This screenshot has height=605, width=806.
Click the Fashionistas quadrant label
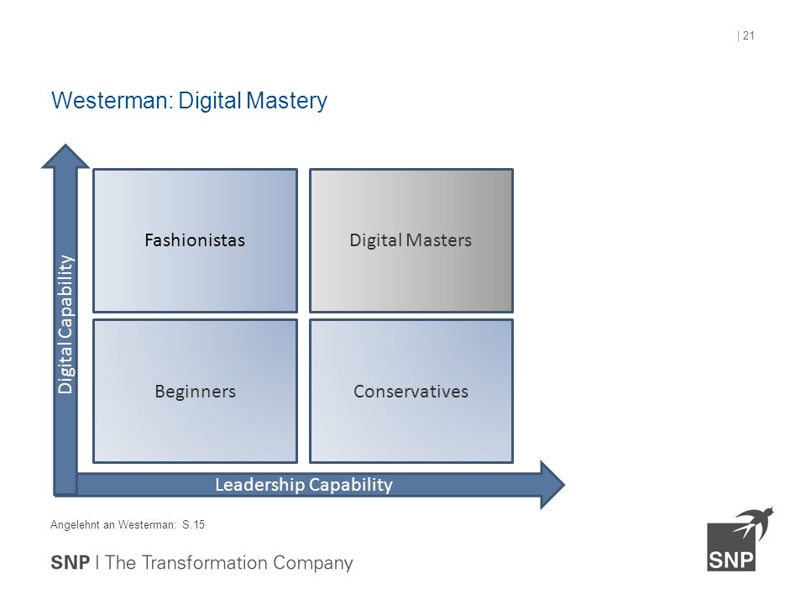[195, 240]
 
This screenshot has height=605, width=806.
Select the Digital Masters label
[411, 240]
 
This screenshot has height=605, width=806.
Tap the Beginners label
[196, 392]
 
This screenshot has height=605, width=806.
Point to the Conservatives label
[411, 392]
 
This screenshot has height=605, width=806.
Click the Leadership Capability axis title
[304, 485]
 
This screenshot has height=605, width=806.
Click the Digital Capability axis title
[65, 324]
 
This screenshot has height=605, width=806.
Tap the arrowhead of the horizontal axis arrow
[552, 485]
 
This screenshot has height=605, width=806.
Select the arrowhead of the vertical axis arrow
[65, 156]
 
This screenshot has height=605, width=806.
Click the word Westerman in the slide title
[110, 100]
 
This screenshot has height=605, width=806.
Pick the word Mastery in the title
[286, 102]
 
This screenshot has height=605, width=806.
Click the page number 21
[748, 35]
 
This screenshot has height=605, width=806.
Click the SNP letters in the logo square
[731, 560]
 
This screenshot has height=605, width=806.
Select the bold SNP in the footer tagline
[70, 563]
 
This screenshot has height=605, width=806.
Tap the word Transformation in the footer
[204, 563]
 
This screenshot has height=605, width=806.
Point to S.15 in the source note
[193, 524]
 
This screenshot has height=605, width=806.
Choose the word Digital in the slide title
[210, 102]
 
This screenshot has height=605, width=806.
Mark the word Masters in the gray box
[438, 240]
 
